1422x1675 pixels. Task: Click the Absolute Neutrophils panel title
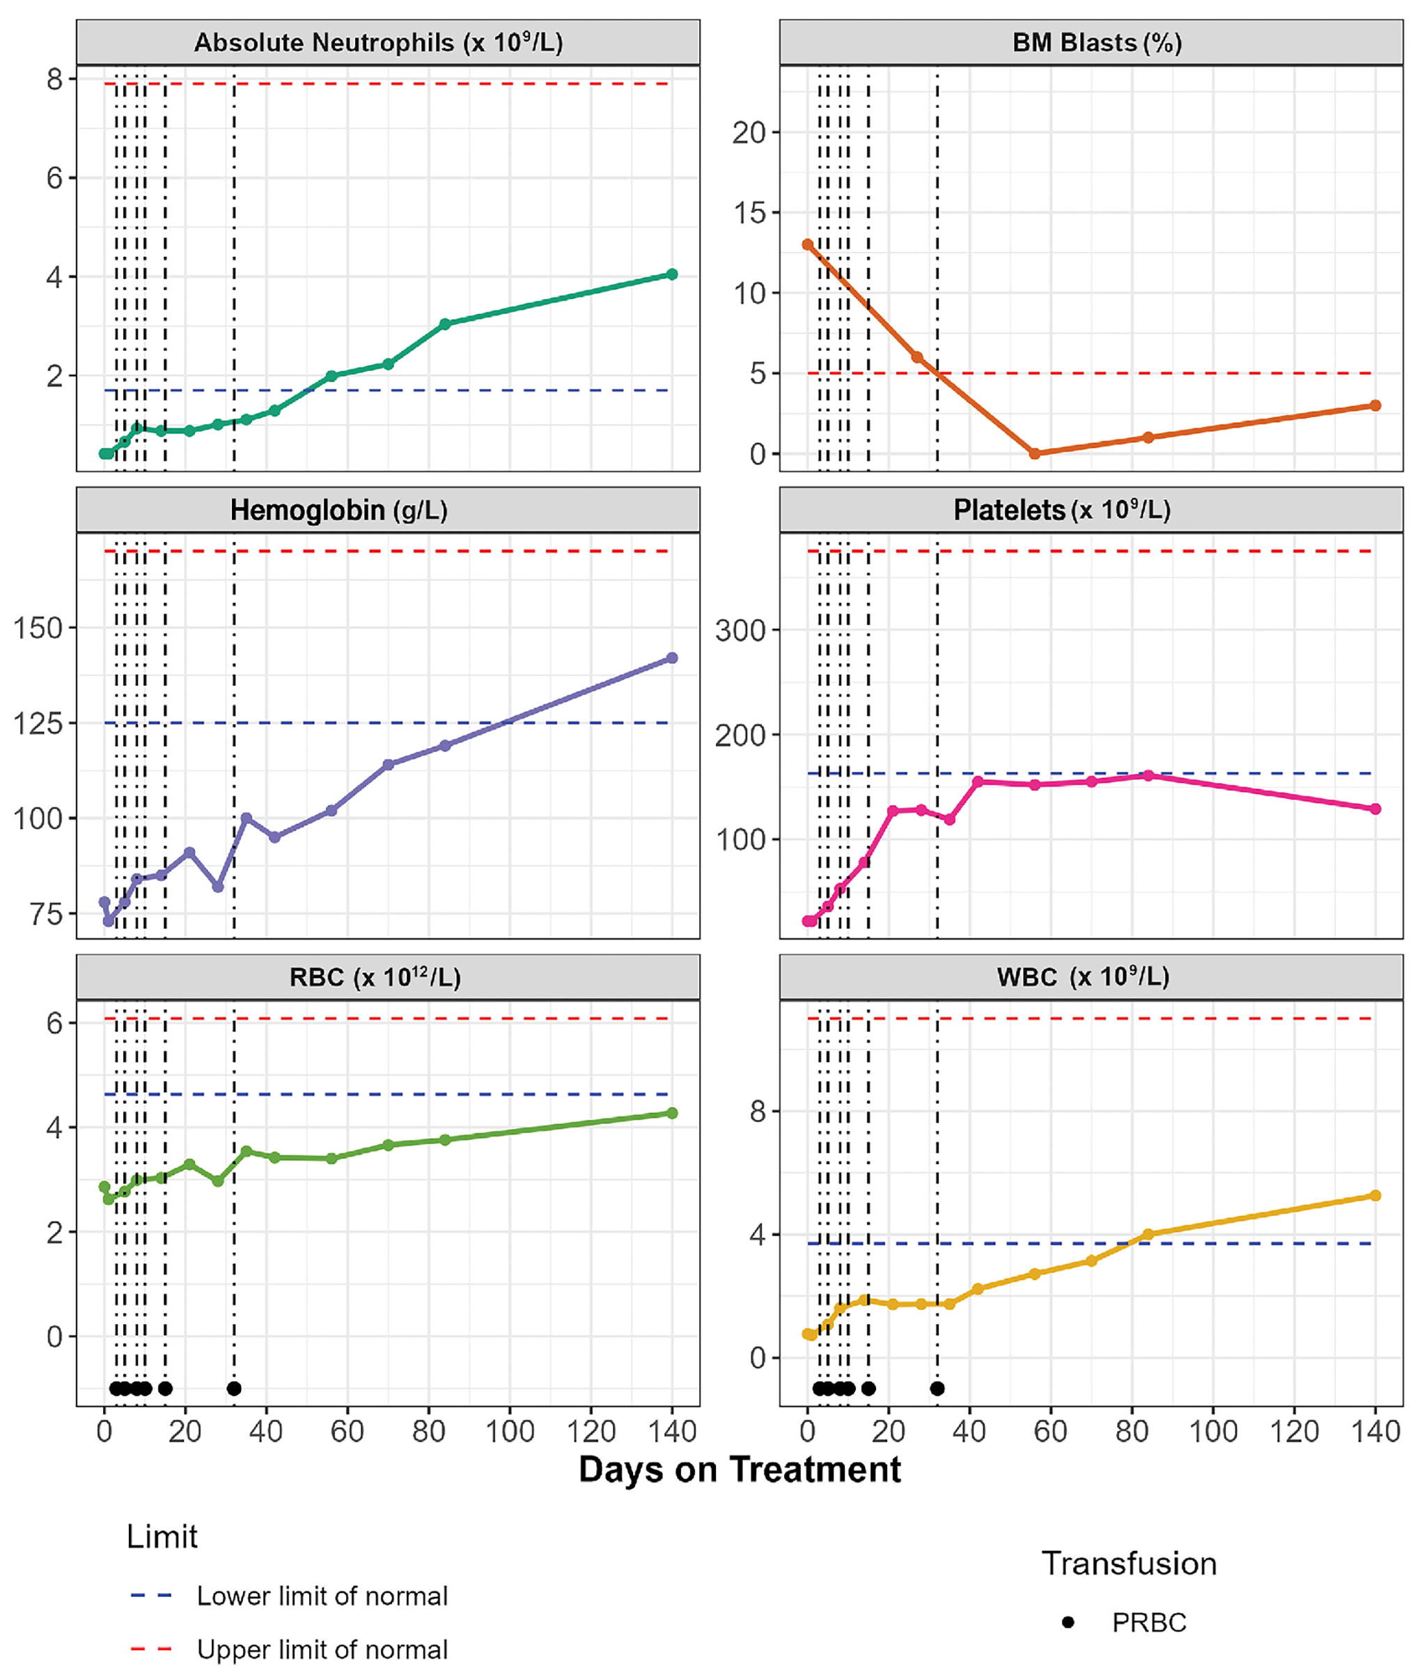(378, 42)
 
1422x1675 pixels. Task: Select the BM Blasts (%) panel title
(1096, 42)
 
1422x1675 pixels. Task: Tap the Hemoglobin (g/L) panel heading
(338, 511)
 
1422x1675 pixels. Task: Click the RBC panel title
(375, 978)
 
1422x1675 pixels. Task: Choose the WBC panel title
(1083, 978)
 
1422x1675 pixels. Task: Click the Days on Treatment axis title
(740, 1470)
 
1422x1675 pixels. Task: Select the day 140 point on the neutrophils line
(672, 275)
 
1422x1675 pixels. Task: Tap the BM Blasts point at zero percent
(1035, 454)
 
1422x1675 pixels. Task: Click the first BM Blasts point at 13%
(808, 245)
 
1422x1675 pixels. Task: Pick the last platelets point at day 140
(1375, 809)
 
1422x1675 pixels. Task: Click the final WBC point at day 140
(1375, 1195)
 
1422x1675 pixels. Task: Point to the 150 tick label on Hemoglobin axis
(37, 629)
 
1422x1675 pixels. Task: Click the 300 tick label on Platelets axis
(740, 630)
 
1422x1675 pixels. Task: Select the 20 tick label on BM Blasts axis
(749, 133)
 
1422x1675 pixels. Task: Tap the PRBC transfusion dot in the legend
(1068, 1622)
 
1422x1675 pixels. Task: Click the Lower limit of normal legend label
(322, 1596)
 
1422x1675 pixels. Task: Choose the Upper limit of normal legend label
(322, 1649)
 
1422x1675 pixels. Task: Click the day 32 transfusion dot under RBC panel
(234, 1388)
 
